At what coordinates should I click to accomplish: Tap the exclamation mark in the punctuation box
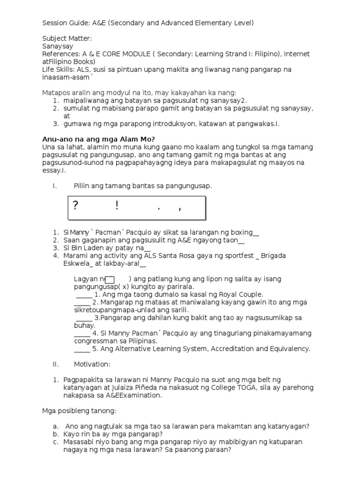click(117, 206)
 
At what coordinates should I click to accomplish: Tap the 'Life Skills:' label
click(59, 69)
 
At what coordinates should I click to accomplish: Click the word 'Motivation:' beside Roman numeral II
click(92, 364)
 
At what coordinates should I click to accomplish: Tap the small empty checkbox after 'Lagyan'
click(110, 279)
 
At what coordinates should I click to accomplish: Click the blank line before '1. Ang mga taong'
click(83, 295)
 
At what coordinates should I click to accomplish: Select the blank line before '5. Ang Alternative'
click(82, 349)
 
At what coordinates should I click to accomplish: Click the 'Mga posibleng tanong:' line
click(79, 411)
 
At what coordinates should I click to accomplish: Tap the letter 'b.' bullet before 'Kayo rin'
click(55, 434)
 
